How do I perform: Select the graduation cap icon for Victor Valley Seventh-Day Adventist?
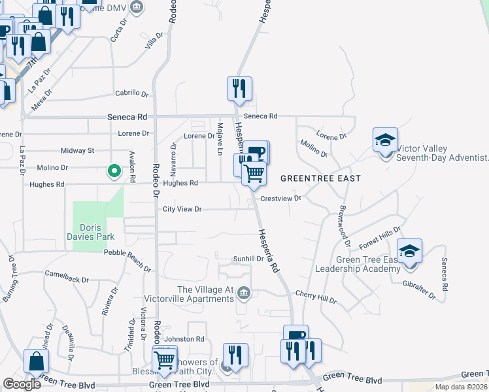coord(385,140)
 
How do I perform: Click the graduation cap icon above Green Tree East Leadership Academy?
coord(409,252)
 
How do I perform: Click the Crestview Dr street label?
coord(280,198)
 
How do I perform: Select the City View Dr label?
coord(182,209)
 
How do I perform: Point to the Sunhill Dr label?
coord(248,259)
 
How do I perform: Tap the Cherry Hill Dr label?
coord(315,297)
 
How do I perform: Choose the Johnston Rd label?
coord(184,339)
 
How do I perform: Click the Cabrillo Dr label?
coord(133,93)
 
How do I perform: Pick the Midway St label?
coord(76,150)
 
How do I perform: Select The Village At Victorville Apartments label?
coord(205,295)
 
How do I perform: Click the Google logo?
coord(22,384)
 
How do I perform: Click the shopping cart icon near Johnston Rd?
coord(164,359)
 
